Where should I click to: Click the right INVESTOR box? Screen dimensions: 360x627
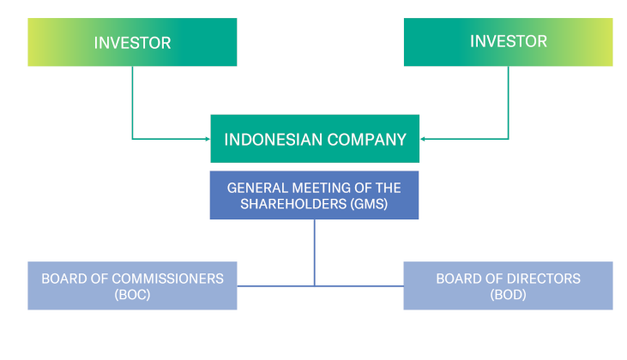point(508,41)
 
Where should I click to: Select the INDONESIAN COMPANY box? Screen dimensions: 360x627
point(315,139)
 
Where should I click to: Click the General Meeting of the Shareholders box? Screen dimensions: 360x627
point(315,195)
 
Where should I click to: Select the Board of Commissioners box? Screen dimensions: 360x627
point(132,285)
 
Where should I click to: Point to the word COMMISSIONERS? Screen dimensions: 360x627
point(163,279)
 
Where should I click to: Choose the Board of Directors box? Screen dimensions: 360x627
point(508,285)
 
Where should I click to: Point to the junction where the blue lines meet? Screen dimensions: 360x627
point(315,285)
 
